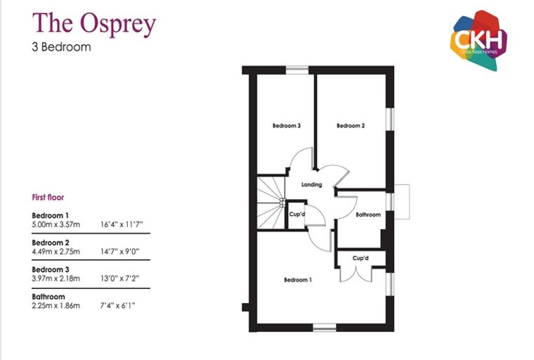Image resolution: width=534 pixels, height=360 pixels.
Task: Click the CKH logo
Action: (x=478, y=40)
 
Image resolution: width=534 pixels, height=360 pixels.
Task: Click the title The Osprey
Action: (x=94, y=23)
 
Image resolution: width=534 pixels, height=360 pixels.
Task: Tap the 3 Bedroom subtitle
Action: (x=61, y=46)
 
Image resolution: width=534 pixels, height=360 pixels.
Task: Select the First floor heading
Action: (x=48, y=197)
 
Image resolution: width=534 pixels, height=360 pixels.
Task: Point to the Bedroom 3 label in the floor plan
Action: (x=287, y=125)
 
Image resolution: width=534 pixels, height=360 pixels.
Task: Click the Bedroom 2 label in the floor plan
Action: (x=351, y=125)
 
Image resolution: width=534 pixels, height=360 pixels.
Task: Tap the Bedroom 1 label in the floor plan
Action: (x=298, y=280)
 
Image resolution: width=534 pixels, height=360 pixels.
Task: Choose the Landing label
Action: (x=311, y=184)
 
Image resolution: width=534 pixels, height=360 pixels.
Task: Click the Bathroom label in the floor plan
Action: (x=367, y=214)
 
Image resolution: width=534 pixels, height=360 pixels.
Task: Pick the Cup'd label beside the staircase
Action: (x=297, y=214)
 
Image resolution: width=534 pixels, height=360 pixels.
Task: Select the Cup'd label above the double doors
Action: (x=360, y=258)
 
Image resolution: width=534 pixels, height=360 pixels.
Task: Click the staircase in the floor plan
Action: (x=271, y=202)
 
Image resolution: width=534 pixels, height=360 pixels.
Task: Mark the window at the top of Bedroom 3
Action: (x=297, y=70)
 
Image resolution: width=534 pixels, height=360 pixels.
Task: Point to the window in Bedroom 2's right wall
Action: (x=390, y=119)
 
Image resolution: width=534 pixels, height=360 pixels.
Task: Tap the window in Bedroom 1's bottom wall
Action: (x=325, y=327)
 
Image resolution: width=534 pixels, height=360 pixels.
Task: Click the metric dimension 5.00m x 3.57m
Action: (x=56, y=224)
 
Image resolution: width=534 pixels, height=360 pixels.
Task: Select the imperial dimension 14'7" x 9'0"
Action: (x=120, y=252)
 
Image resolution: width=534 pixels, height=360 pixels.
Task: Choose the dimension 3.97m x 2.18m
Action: (x=56, y=278)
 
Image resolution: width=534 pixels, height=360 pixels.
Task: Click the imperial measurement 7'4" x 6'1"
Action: (x=117, y=305)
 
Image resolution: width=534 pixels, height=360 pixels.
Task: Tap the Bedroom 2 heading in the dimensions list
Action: (x=51, y=243)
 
